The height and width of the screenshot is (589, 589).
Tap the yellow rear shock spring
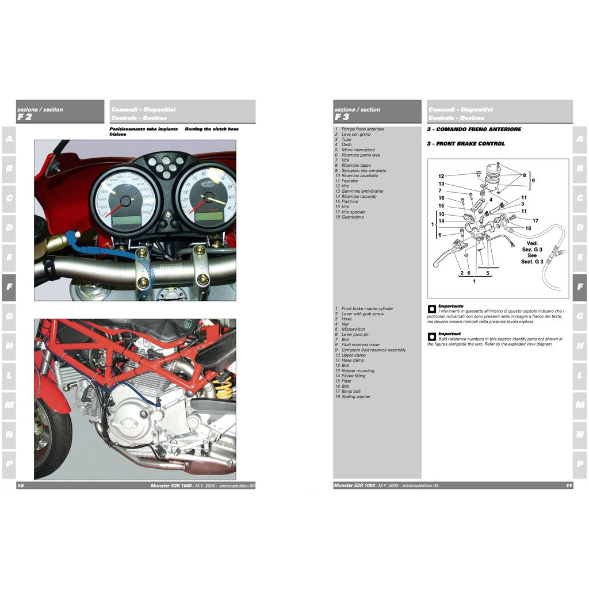point(223,388)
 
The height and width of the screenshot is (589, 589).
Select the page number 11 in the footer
point(568,485)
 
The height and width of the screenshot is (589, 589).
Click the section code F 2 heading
point(26,117)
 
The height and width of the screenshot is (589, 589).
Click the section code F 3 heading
point(342,117)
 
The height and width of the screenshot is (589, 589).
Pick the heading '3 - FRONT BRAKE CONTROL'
point(466,144)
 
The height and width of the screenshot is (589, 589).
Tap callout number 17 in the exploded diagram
point(535,220)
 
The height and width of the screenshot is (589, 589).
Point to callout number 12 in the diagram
point(441,177)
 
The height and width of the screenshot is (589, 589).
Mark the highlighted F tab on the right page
point(580,286)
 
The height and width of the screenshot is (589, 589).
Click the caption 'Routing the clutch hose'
point(212,129)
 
